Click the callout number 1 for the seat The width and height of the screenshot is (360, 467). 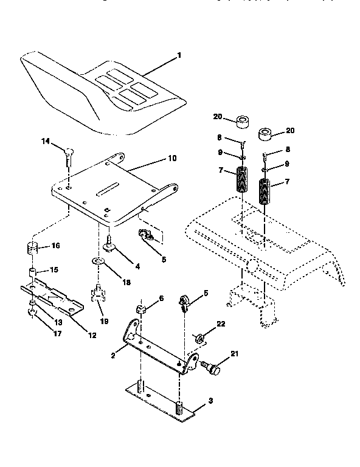(179, 55)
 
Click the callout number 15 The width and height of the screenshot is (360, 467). (54, 269)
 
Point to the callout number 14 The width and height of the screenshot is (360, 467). (46, 141)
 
